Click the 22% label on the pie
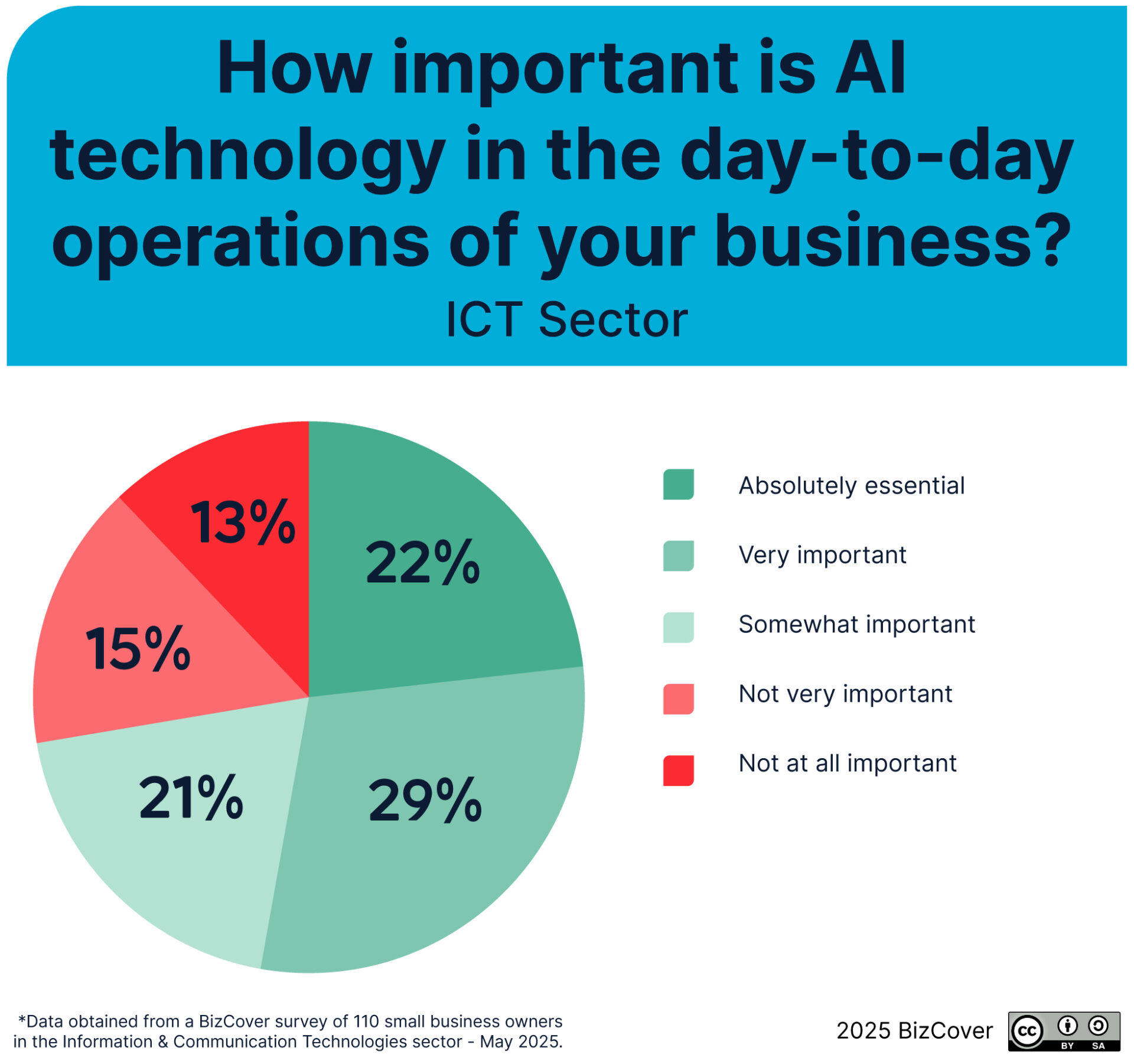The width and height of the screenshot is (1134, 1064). tap(423, 562)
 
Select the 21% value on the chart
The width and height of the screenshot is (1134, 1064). tap(191, 797)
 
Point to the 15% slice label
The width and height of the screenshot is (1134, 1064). tap(138, 649)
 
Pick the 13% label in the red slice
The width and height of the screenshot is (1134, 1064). tap(243, 521)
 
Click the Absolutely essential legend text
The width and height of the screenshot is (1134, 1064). tap(852, 485)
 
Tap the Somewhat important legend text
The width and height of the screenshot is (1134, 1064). tap(857, 624)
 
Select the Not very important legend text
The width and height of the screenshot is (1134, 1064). tap(846, 694)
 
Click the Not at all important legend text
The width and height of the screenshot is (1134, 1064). tap(848, 763)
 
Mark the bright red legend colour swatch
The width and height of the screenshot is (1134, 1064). tap(678, 771)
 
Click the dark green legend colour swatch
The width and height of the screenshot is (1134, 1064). tap(678, 484)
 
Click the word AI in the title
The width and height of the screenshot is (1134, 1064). tap(871, 68)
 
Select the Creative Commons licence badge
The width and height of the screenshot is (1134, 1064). tap(1064, 1032)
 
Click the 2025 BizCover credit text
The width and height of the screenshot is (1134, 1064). tap(914, 1030)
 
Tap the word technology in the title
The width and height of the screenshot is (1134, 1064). tap(247, 156)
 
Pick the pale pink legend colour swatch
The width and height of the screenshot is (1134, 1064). tap(678, 699)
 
